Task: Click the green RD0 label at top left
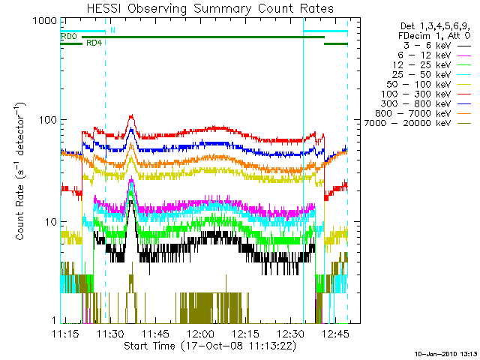(68, 37)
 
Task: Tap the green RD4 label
(94, 43)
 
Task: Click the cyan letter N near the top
(112, 30)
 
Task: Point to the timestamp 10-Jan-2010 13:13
(445, 352)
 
